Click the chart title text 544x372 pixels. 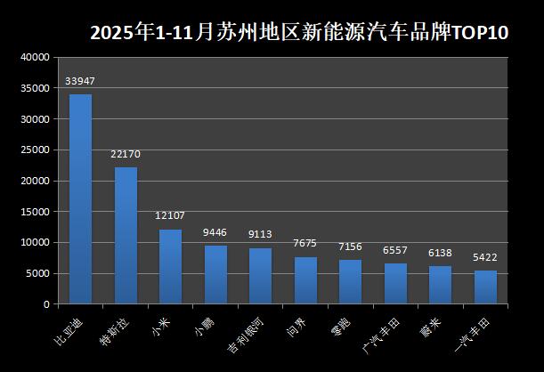click(299, 33)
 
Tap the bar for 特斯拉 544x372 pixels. click(126, 235)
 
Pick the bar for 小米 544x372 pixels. click(170, 266)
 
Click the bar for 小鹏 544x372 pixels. click(215, 274)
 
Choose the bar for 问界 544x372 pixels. click(305, 280)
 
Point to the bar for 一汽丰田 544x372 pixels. click(485, 287)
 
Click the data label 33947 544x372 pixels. click(80, 82)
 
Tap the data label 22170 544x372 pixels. click(126, 154)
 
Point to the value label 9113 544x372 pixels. click(260, 235)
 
